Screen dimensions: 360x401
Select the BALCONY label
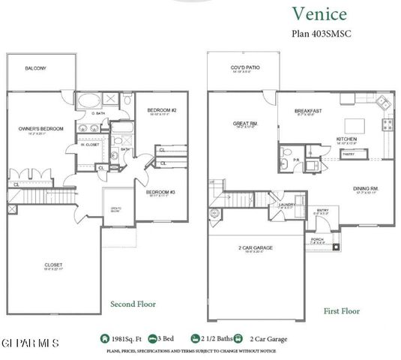[35, 68]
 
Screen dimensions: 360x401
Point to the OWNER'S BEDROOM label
[40, 129]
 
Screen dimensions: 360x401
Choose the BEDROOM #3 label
[160, 192]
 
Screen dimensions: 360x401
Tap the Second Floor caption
[133, 304]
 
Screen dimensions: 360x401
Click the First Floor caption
[342, 310]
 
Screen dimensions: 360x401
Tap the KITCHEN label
[346, 140]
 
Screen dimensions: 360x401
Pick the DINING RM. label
[364, 189]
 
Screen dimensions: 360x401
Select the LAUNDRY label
[284, 204]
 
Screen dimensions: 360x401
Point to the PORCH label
[317, 240]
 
